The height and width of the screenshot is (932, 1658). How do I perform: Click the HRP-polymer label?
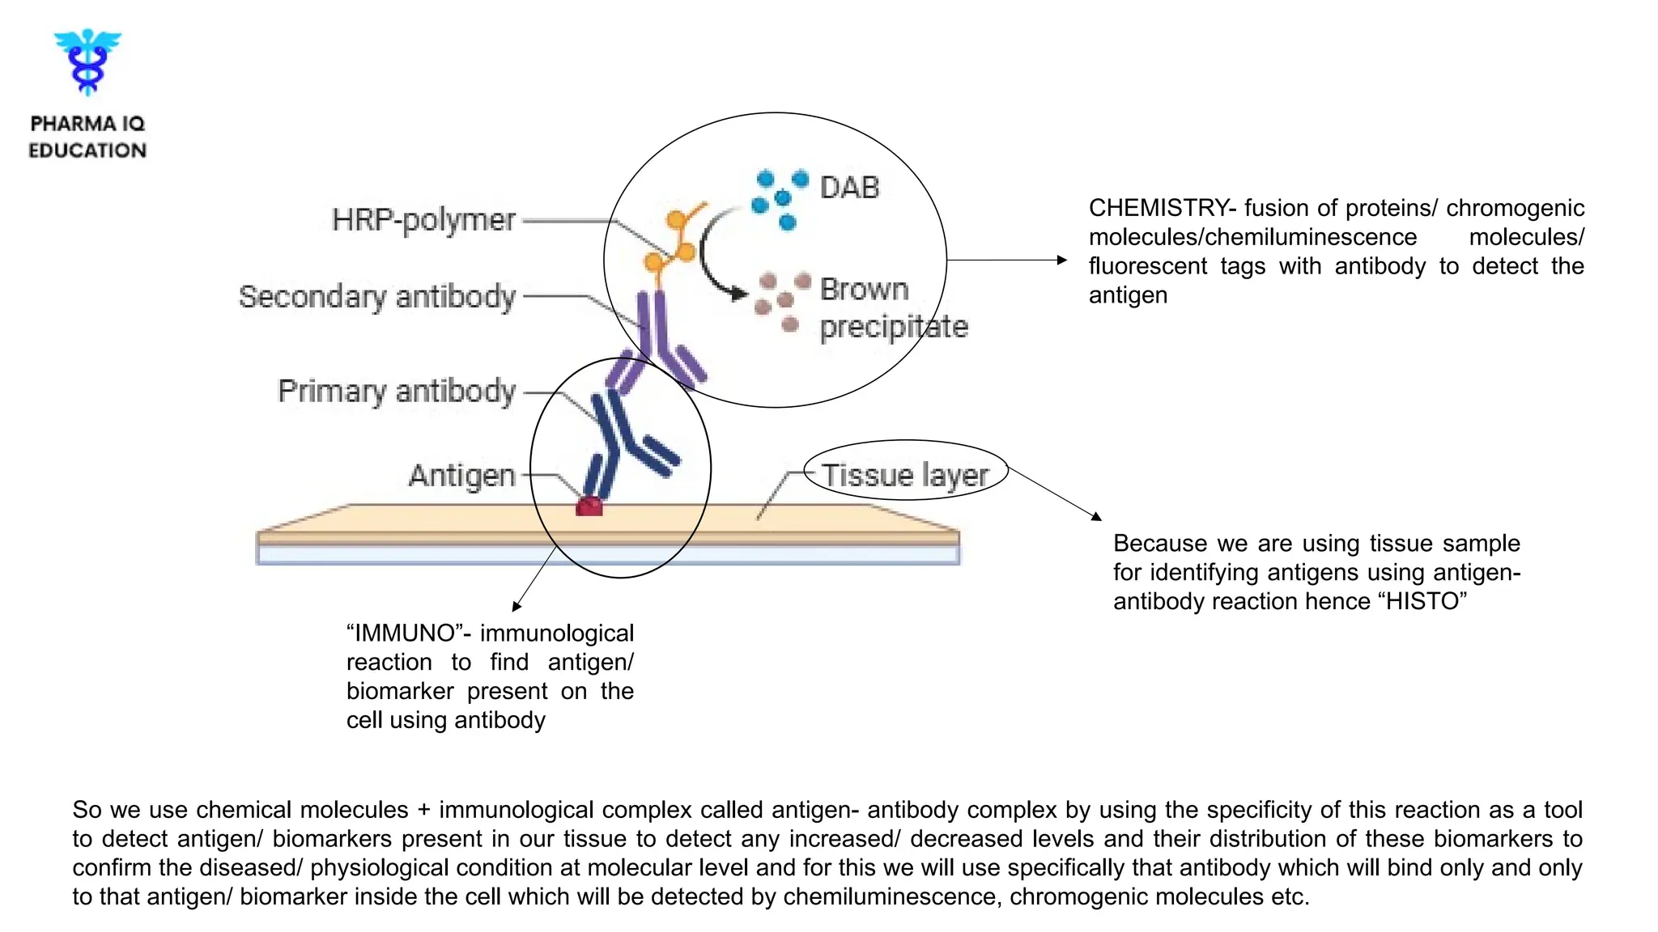point(423,220)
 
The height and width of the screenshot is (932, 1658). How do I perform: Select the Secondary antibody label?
point(377,297)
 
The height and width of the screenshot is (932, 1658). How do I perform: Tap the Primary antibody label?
point(397,392)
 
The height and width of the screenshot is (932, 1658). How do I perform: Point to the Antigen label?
point(462,476)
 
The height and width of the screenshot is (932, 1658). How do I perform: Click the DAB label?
point(849,188)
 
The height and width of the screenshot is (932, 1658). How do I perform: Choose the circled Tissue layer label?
point(905,475)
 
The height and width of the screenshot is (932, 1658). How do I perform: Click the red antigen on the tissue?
point(589,507)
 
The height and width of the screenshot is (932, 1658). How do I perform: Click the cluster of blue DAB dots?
point(780,198)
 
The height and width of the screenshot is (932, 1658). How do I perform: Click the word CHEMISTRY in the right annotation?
point(1157,209)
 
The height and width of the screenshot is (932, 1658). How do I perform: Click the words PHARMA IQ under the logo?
point(87,124)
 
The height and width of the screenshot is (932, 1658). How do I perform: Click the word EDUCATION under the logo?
point(87,150)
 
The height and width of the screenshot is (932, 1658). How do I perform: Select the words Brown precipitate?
point(892,308)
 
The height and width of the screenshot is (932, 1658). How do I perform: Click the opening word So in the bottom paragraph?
point(87,811)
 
